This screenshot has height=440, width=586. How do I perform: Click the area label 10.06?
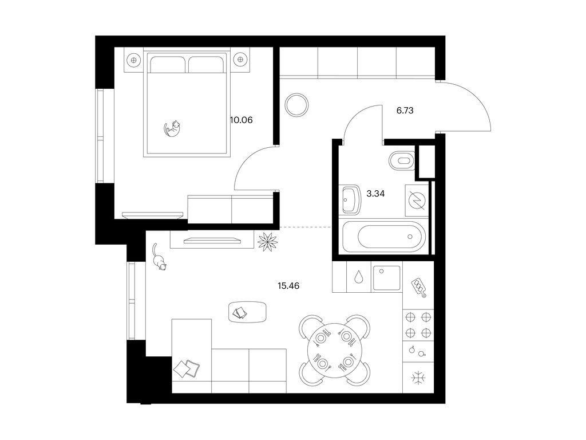point(241,120)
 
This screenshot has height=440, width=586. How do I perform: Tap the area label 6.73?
point(405,111)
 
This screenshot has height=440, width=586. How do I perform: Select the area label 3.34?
point(375,194)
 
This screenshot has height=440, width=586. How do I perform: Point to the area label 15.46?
point(288,286)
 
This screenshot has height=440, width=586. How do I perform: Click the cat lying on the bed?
point(172,128)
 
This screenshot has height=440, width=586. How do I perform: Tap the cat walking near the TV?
point(159,257)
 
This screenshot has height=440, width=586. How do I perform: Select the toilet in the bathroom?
point(402,161)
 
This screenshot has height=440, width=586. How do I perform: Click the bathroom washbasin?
point(351,199)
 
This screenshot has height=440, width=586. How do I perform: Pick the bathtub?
point(384,236)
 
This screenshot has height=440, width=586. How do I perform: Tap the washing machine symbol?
point(417,200)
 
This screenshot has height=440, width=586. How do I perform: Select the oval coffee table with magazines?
point(247,312)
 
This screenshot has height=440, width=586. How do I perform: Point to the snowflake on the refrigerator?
point(418,378)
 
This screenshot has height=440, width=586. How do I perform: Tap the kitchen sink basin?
point(387,278)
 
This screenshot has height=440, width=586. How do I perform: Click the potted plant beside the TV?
point(268,241)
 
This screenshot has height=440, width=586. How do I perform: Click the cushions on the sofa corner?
point(187,368)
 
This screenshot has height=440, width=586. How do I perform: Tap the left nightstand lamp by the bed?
point(133,59)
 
